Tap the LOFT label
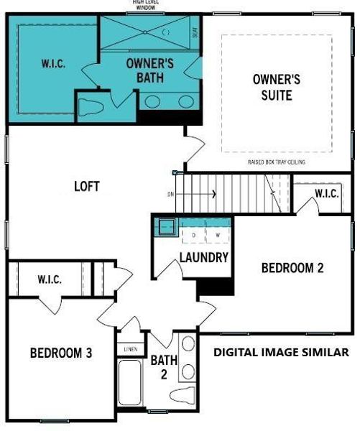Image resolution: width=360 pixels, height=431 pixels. point(86,187)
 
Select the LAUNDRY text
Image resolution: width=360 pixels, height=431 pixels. point(204,257)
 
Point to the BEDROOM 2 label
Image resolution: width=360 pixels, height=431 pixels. point(292,268)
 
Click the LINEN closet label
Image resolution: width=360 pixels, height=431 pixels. point(130,349)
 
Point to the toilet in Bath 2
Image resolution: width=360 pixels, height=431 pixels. point(179,396)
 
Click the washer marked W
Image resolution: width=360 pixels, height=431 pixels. point(217,234)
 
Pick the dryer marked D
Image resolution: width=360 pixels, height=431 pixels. point(193,234)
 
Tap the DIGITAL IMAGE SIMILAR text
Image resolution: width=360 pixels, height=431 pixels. point(281,353)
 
